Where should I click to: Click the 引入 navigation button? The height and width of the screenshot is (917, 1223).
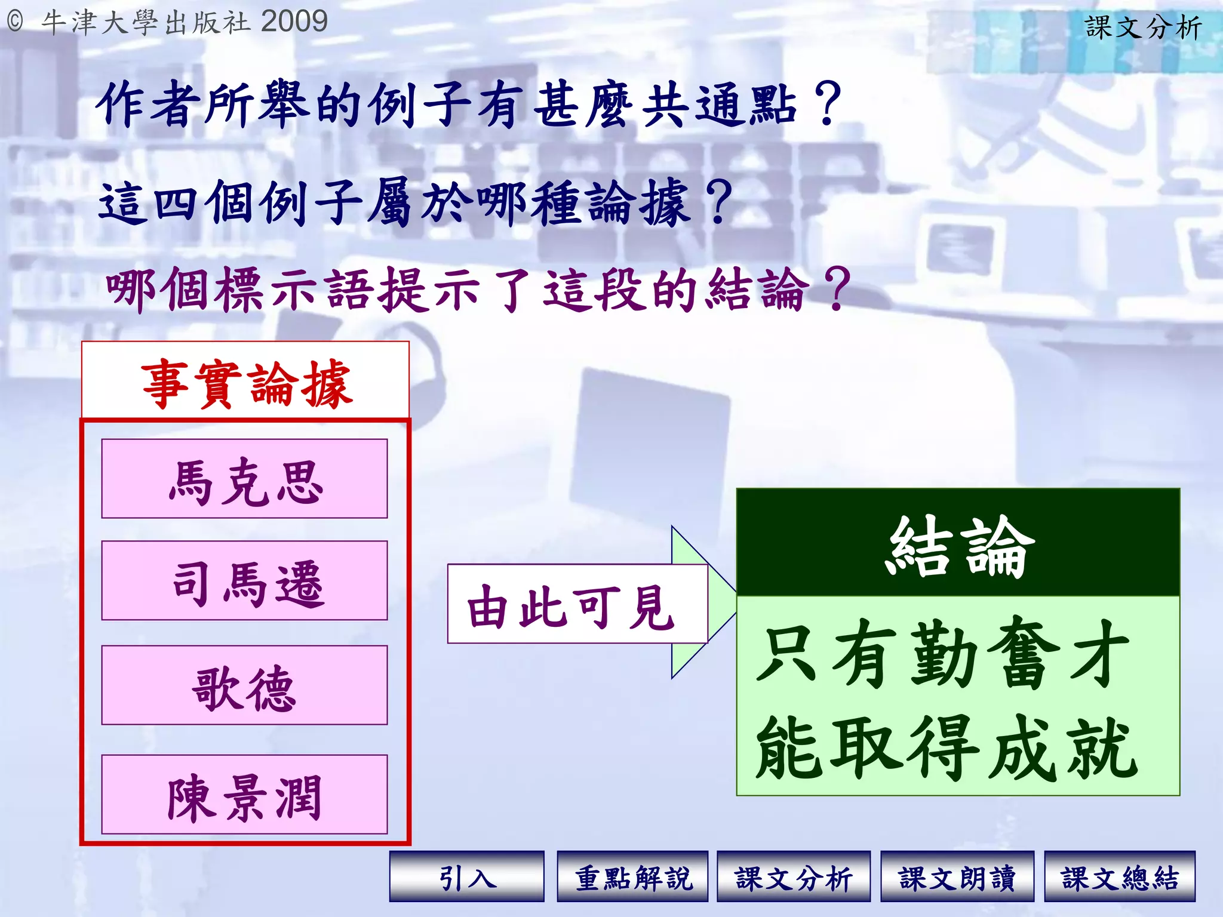pos(466,876)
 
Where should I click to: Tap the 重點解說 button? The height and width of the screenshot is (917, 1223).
pos(632,876)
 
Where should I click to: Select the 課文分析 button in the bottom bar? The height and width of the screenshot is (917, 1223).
pos(793,876)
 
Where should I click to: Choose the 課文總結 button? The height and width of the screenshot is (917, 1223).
pos(1119,876)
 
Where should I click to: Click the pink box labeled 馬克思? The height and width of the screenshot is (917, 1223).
pos(244,479)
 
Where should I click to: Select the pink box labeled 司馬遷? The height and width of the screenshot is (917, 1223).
pos(244,581)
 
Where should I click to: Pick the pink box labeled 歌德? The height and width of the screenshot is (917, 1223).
pos(244,685)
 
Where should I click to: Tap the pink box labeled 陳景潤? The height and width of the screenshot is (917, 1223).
pos(244,795)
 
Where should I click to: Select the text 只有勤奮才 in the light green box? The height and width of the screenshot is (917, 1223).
pos(942,653)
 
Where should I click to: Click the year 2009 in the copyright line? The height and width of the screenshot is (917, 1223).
pos(294,21)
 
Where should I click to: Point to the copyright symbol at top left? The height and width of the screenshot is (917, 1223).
pos(15,22)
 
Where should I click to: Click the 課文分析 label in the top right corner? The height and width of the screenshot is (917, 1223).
pos(1142,27)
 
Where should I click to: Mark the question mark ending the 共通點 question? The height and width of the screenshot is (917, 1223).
pos(827,104)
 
